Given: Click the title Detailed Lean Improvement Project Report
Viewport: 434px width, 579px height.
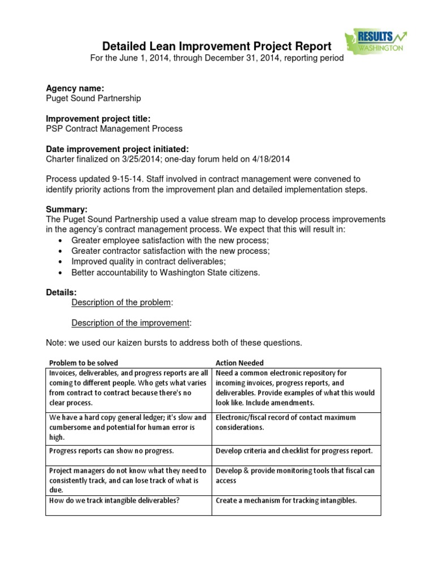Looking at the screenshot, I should [x=216, y=46].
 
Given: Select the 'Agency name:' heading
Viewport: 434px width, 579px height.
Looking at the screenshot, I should [x=75, y=88].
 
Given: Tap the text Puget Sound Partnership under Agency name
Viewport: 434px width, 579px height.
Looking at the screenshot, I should [x=93, y=98].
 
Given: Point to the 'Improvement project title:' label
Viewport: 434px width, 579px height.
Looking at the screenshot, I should [x=98, y=119].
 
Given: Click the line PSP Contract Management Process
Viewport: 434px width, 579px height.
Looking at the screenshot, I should [x=114, y=129].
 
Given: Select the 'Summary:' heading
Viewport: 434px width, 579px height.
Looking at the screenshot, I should [x=66, y=210].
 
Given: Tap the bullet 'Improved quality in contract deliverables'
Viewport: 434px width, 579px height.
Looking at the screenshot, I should [x=149, y=262].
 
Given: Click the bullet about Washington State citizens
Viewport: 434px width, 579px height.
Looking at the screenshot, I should [x=166, y=273].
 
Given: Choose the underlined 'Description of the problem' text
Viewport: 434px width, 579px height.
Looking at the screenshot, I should [x=121, y=303].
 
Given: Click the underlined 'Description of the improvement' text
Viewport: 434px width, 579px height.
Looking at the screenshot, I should [x=131, y=323].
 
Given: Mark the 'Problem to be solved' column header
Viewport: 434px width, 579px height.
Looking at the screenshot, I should [x=84, y=363].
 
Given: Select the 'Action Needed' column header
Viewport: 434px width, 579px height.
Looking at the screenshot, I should [x=240, y=363].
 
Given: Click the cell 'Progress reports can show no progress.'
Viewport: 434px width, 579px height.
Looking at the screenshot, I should [x=112, y=451].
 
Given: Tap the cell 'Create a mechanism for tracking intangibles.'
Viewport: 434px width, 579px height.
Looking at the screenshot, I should [x=286, y=500].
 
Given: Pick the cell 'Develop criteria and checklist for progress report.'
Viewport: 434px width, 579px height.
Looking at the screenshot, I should [x=294, y=451].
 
